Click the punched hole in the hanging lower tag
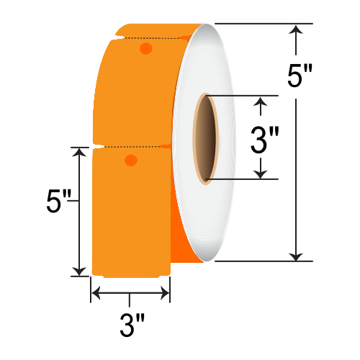click(x=130, y=160)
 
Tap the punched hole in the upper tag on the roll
click(x=145, y=49)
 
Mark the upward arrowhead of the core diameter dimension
click(x=261, y=102)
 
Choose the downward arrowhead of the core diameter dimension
click(x=261, y=173)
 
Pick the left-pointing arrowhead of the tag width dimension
click(x=95, y=293)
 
